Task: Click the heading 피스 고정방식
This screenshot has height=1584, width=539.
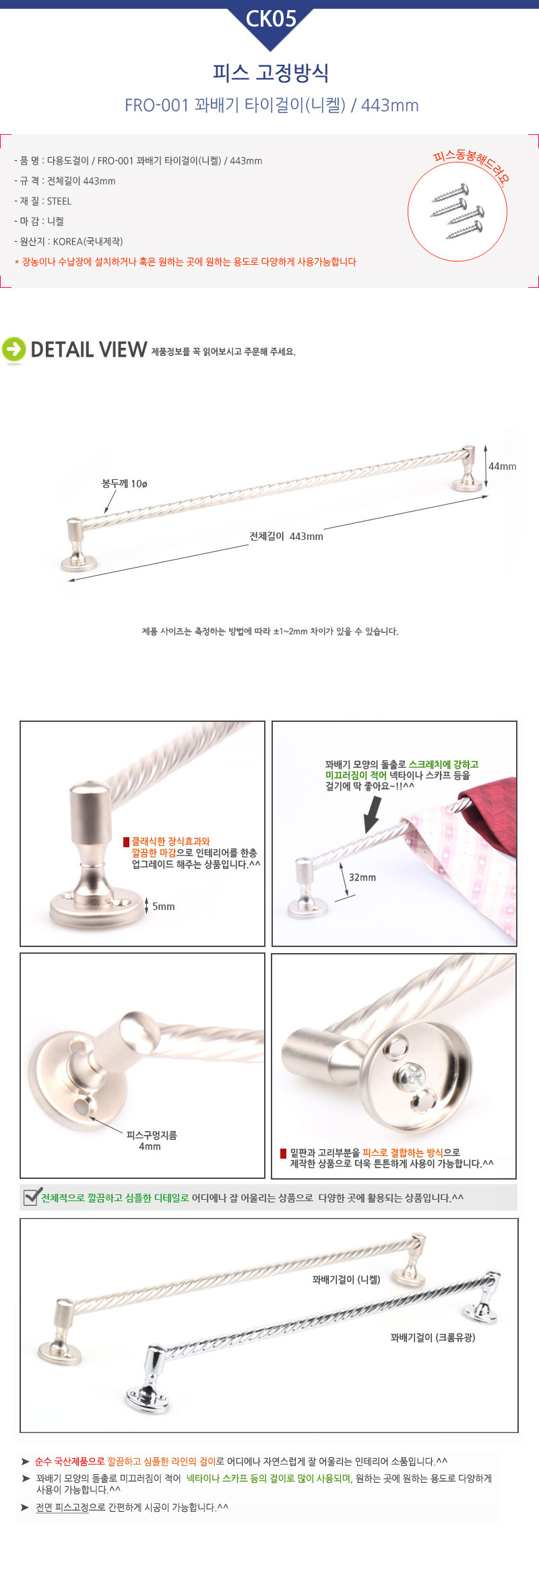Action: tap(270, 73)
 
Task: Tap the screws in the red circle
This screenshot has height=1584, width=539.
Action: tap(458, 212)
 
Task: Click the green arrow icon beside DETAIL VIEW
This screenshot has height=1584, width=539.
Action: tap(13, 349)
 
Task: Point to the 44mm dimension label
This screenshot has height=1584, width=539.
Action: tap(503, 466)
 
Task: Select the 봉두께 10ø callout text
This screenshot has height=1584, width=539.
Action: tap(125, 484)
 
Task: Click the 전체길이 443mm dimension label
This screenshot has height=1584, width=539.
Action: tap(286, 537)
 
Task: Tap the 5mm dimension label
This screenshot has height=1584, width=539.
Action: tap(163, 907)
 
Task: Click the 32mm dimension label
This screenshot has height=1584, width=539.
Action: tap(362, 878)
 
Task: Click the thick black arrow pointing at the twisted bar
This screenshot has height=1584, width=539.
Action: tap(372, 815)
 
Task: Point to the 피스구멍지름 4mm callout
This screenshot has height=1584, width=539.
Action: tap(152, 1140)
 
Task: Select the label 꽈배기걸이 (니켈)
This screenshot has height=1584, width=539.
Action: tap(346, 1279)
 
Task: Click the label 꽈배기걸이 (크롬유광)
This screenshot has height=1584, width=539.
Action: tap(433, 1337)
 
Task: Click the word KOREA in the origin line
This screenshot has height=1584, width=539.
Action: tap(67, 241)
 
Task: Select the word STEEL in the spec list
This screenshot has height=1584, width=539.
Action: tap(59, 201)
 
